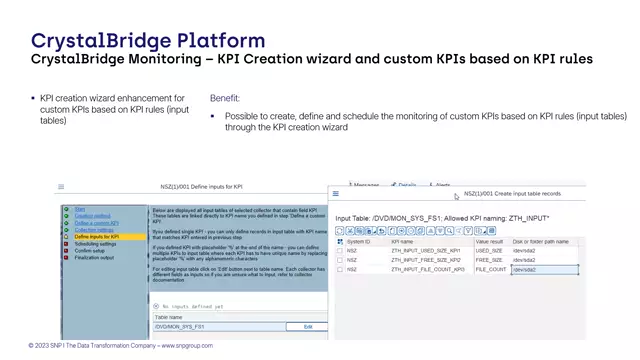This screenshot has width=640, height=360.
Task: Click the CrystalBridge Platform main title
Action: coord(148,40)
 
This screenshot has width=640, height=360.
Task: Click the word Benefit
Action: coord(225,98)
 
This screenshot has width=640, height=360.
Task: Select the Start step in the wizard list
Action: coord(79,209)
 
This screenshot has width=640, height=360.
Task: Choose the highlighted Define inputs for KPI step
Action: coord(96,236)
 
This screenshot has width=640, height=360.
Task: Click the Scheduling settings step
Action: coord(95,243)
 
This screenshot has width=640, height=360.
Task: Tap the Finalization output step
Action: coord(94,257)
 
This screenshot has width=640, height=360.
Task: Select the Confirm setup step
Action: coord(89,250)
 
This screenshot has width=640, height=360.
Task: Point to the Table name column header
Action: coord(170,317)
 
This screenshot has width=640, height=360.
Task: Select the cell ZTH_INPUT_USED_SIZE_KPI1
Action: coord(426,251)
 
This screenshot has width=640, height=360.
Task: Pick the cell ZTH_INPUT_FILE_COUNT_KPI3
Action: coord(427,270)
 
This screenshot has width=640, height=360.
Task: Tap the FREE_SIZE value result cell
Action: coord(489,260)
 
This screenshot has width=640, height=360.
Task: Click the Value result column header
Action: coord(489,241)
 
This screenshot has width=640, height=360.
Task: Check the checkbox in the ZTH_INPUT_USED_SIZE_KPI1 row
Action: coord(340,251)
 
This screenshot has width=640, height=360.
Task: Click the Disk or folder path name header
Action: coord(541,241)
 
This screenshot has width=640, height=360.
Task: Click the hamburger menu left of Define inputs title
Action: coord(61,187)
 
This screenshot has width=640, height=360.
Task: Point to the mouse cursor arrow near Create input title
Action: coord(457,196)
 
